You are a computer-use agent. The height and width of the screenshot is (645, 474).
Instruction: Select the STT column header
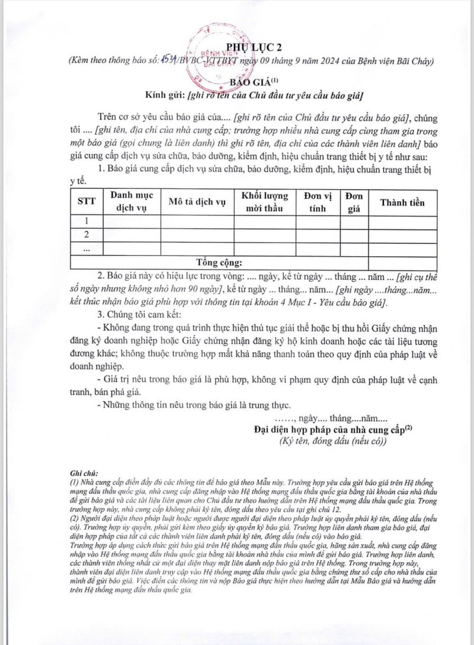click(x=87, y=202)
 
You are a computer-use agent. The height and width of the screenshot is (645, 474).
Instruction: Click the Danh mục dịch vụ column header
click(x=132, y=202)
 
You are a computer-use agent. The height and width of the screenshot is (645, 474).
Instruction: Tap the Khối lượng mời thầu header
click(x=265, y=202)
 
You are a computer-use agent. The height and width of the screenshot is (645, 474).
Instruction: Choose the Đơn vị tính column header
click(x=318, y=202)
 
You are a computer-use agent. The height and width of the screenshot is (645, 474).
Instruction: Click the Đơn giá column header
click(x=354, y=202)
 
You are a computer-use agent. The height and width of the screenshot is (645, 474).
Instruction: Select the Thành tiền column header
click(x=402, y=202)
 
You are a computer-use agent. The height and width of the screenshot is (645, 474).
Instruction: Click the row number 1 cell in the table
click(x=87, y=221)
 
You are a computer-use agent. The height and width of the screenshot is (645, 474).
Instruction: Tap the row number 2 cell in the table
click(x=87, y=235)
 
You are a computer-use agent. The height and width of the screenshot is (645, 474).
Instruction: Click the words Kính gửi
click(x=165, y=95)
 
